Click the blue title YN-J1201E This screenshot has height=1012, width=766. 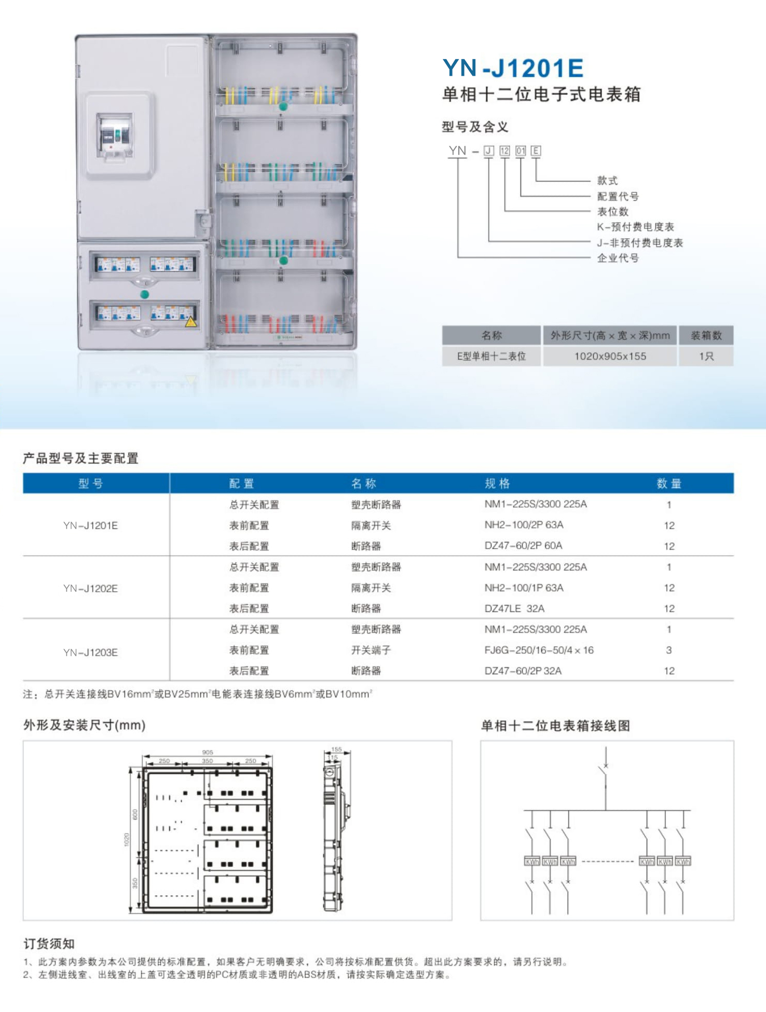point(513,68)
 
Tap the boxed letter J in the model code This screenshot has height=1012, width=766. point(488,151)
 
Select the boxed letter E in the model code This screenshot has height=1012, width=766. point(536,151)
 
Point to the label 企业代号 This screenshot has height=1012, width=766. point(618,258)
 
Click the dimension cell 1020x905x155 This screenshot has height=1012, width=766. point(610,357)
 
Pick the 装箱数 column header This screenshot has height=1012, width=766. point(706,336)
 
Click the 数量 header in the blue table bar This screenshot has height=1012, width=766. point(668,484)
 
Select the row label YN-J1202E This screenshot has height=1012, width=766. point(90,589)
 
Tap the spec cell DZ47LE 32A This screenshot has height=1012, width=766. point(514,609)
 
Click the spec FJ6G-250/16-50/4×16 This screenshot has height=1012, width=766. point(539,650)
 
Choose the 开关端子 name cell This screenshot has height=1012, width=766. point(371,650)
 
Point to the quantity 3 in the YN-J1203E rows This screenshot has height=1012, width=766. point(669,650)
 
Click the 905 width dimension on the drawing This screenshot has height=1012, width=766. point(208,752)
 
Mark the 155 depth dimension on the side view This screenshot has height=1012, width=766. point(337,749)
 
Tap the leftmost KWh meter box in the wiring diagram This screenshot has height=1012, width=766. point(532,861)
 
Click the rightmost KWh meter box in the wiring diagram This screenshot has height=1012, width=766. point(683,861)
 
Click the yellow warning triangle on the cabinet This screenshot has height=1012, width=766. point(191,322)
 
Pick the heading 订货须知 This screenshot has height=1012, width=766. point(49,943)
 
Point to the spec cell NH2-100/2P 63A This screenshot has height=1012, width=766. point(524,525)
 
